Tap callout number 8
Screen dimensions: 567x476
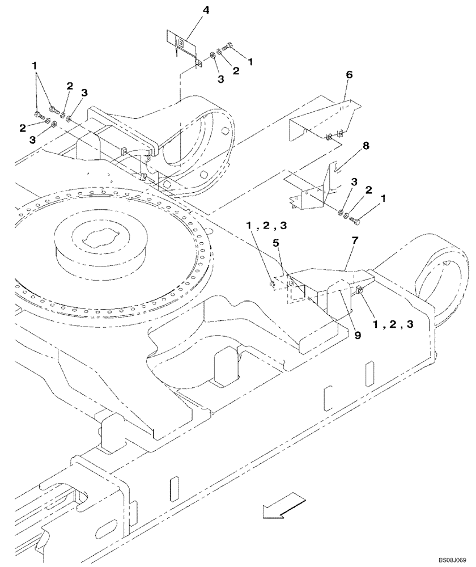[x=365, y=146]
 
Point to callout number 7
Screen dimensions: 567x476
[x=355, y=241]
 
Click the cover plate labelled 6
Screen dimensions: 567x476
[x=323, y=119]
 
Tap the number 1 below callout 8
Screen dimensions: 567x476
[x=386, y=199]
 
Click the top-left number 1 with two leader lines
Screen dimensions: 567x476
[x=35, y=67]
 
